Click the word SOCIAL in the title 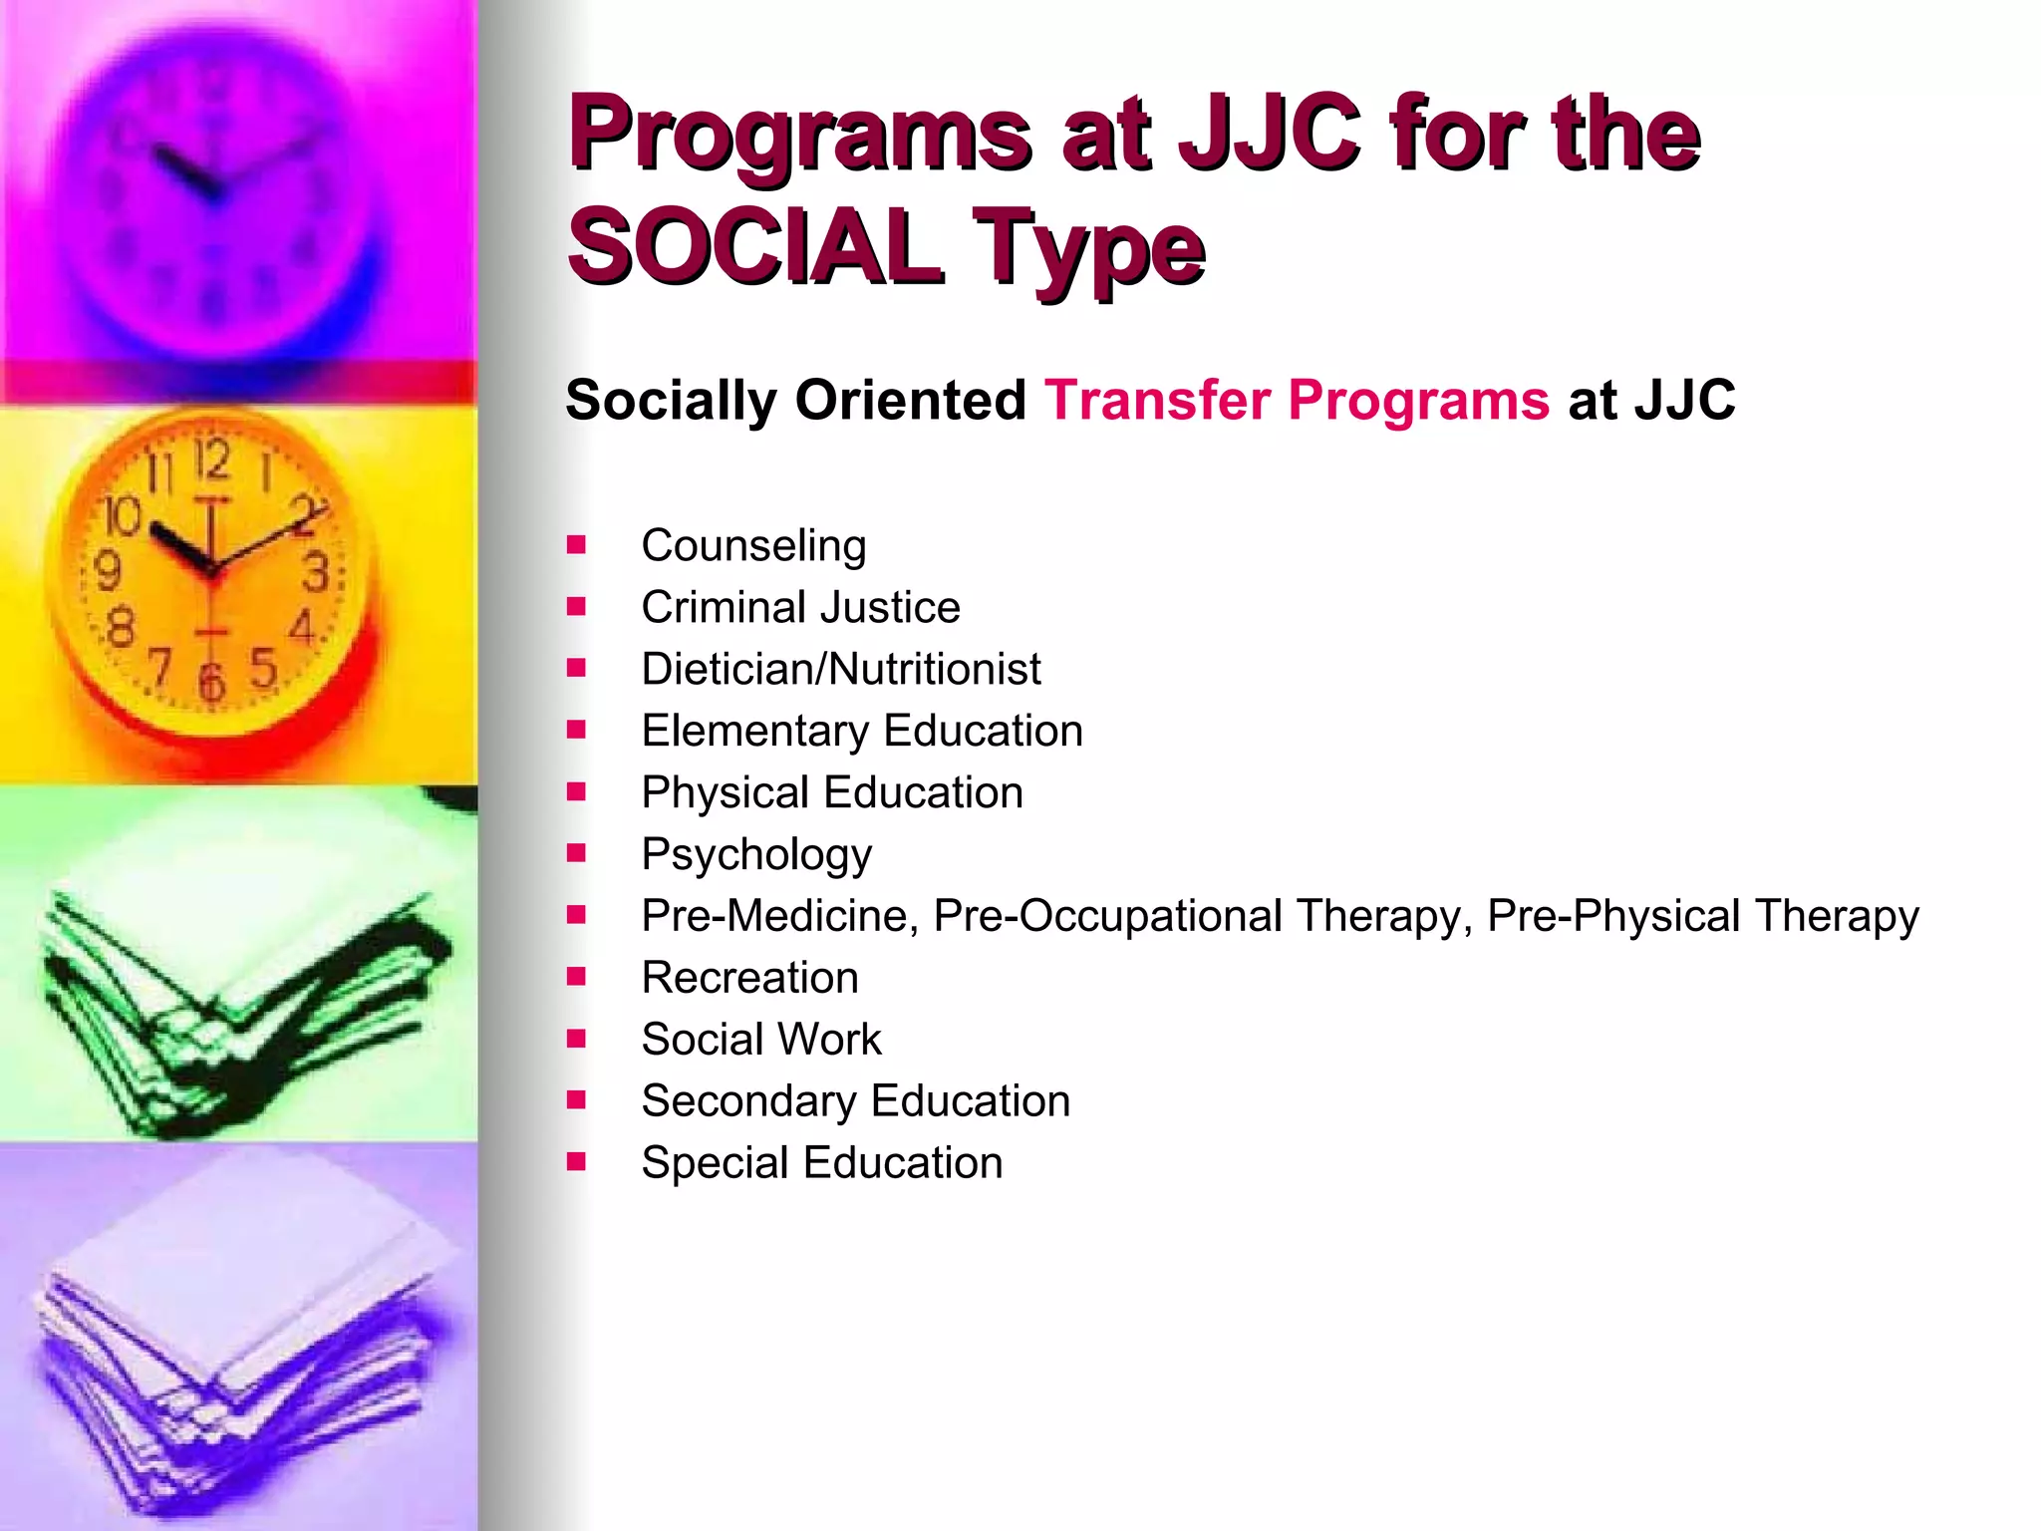(x=753, y=245)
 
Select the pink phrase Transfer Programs (x=1297, y=401)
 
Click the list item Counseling (x=753, y=545)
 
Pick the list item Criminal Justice (x=800, y=607)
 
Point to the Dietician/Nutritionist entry (x=840, y=669)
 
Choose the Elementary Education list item (x=861, y=731)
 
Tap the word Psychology (x=756, y=854)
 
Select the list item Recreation (x=749, y=978)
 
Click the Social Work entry (x=761, y=1040)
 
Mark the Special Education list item (x=821, y=1163)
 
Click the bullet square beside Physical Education (x=576, y=791)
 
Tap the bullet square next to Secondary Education (x=576, y=1099)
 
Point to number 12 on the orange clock (x=211, y=460)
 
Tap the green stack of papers (x=239, y=1007)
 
